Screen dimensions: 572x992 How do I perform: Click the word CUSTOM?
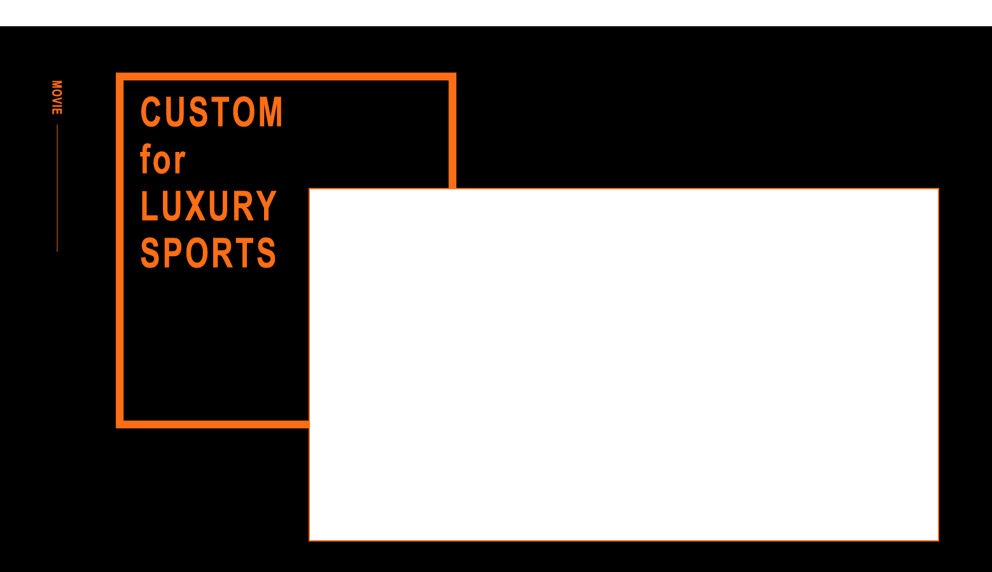coord(211,112)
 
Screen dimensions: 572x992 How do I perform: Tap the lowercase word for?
coord(163,160)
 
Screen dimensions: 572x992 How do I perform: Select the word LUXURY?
coord(208,207)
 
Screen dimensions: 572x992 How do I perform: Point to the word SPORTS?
coord(208,253)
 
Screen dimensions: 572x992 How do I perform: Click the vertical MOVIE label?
coord(57,97)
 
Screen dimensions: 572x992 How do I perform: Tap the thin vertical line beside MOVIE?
coord(57,188)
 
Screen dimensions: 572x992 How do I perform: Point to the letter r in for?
coord(179,162)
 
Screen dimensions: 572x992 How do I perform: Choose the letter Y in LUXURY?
coord(266,207)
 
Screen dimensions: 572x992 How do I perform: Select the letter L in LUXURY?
coord(148,207)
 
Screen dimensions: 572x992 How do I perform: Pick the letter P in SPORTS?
coord(174,253)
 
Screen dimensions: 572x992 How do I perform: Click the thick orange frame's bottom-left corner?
coord(120,424)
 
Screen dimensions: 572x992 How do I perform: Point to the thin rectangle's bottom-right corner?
coord(939,540)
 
